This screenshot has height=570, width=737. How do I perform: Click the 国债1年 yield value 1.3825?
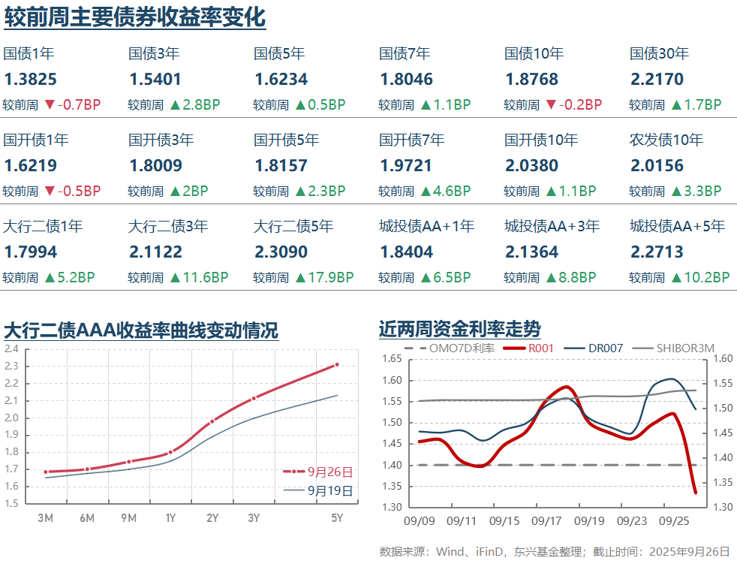(x=30, y=80)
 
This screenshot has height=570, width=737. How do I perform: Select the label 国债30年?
(x=659, y=54)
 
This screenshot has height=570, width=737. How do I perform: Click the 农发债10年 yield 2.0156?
(x=657, y=166)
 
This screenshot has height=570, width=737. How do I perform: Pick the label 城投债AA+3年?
(x=552, y=226)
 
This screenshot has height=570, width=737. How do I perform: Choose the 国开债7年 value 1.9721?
(x=406, y=166)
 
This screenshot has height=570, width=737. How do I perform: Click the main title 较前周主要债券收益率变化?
(x=135, y=17)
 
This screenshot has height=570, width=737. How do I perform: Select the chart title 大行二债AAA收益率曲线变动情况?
(x=141, y=330)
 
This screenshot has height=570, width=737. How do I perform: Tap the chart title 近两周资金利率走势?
(x=460, y=329)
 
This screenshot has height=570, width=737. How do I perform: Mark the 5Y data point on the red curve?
(x=337, y=365)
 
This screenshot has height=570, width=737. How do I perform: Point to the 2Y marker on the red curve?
(x=212, y=421)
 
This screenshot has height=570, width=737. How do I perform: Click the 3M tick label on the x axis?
(x=45, y=518)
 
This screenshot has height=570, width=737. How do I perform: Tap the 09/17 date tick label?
(x=547, y=520)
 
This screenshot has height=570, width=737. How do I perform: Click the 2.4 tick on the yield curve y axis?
(x=11, y=349)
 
